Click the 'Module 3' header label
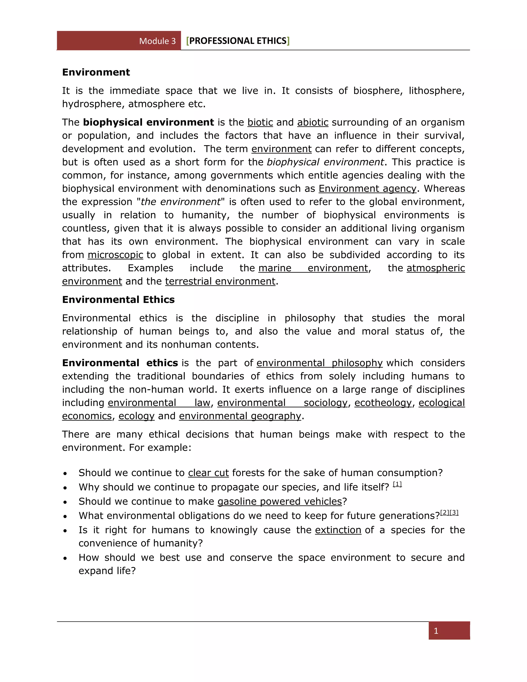tap(157, 41)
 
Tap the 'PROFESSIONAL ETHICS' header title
tap(238, 41)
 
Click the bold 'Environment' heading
tap(96, 72)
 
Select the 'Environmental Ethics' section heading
tap(118, 300)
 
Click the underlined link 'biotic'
tap(260, 122)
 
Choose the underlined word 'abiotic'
tap(312, 122)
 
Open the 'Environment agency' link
tap(367, 189)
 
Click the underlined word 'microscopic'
tap(115, 255)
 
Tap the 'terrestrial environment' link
tap(220, 281)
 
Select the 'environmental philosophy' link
tap(319, 363)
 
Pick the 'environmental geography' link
tap(240, 416)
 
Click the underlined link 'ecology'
tap(136, 416)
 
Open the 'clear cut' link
tap(208, 473)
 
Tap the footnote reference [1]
tap(397, 484)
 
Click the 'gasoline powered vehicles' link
tap(280, 501)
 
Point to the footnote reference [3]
tap(454, 512)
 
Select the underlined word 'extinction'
tap(338, 530)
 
